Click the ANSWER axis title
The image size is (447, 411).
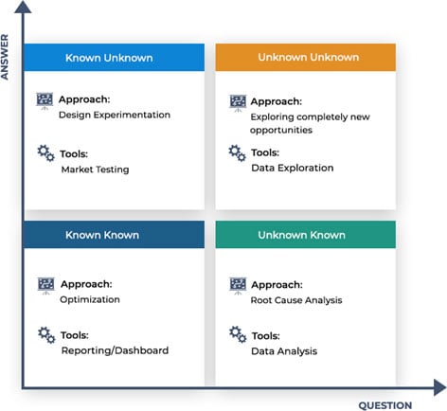pos(5,57)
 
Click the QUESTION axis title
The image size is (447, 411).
pos(385,405)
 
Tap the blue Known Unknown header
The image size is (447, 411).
pos(114,58)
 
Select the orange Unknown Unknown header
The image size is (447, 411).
pos(306,57)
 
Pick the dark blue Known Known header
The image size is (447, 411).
pos(114,235)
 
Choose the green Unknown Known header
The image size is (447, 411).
pos(306,235)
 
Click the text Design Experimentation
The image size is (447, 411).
pos(115,115)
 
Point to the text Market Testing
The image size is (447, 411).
pos(95,170)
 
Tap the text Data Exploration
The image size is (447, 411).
pos(293,168)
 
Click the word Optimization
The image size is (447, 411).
pos(90,299)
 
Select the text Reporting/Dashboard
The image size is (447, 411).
pos(115,350)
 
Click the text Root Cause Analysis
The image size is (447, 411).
pos(296,300)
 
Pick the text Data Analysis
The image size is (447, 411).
pos(284,351)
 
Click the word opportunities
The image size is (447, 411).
pos(281,130)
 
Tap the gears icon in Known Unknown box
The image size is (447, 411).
pos(46,153)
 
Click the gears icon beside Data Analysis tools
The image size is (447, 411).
pos(238,334)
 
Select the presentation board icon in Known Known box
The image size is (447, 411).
pos(46,286)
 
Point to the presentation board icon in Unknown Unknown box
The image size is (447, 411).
pos(238,103)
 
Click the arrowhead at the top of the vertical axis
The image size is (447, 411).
pos(23,7)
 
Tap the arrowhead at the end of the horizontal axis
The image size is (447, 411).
pos(440,387)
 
